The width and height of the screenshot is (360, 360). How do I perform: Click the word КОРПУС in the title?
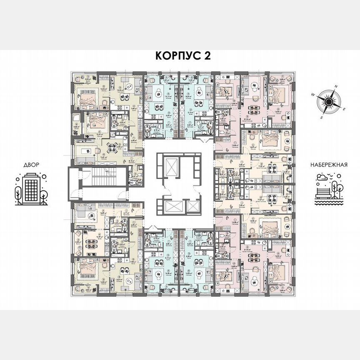click(x=172, y=56)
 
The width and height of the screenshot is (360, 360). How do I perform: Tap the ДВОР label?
click(x=29, y=165)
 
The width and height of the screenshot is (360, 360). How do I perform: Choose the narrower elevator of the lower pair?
click(x=192, y=207)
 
